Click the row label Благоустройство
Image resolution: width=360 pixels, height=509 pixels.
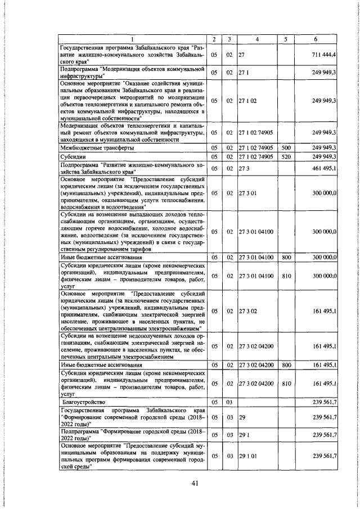pyautogui.click(x=85, y=403)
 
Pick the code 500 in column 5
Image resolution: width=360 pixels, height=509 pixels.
pyautogui.click(x=285, y=147)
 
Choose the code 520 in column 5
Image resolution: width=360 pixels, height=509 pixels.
pyautogui.click(x=285, y=156)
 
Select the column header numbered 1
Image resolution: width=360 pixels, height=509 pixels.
pyautogui.click(x=132, y=39)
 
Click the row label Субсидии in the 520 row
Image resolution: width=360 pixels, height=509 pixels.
pyautogui.click(x=74, y=156)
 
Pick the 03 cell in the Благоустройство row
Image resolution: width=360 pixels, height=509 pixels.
pyautogui.click(x=229, y=403)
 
